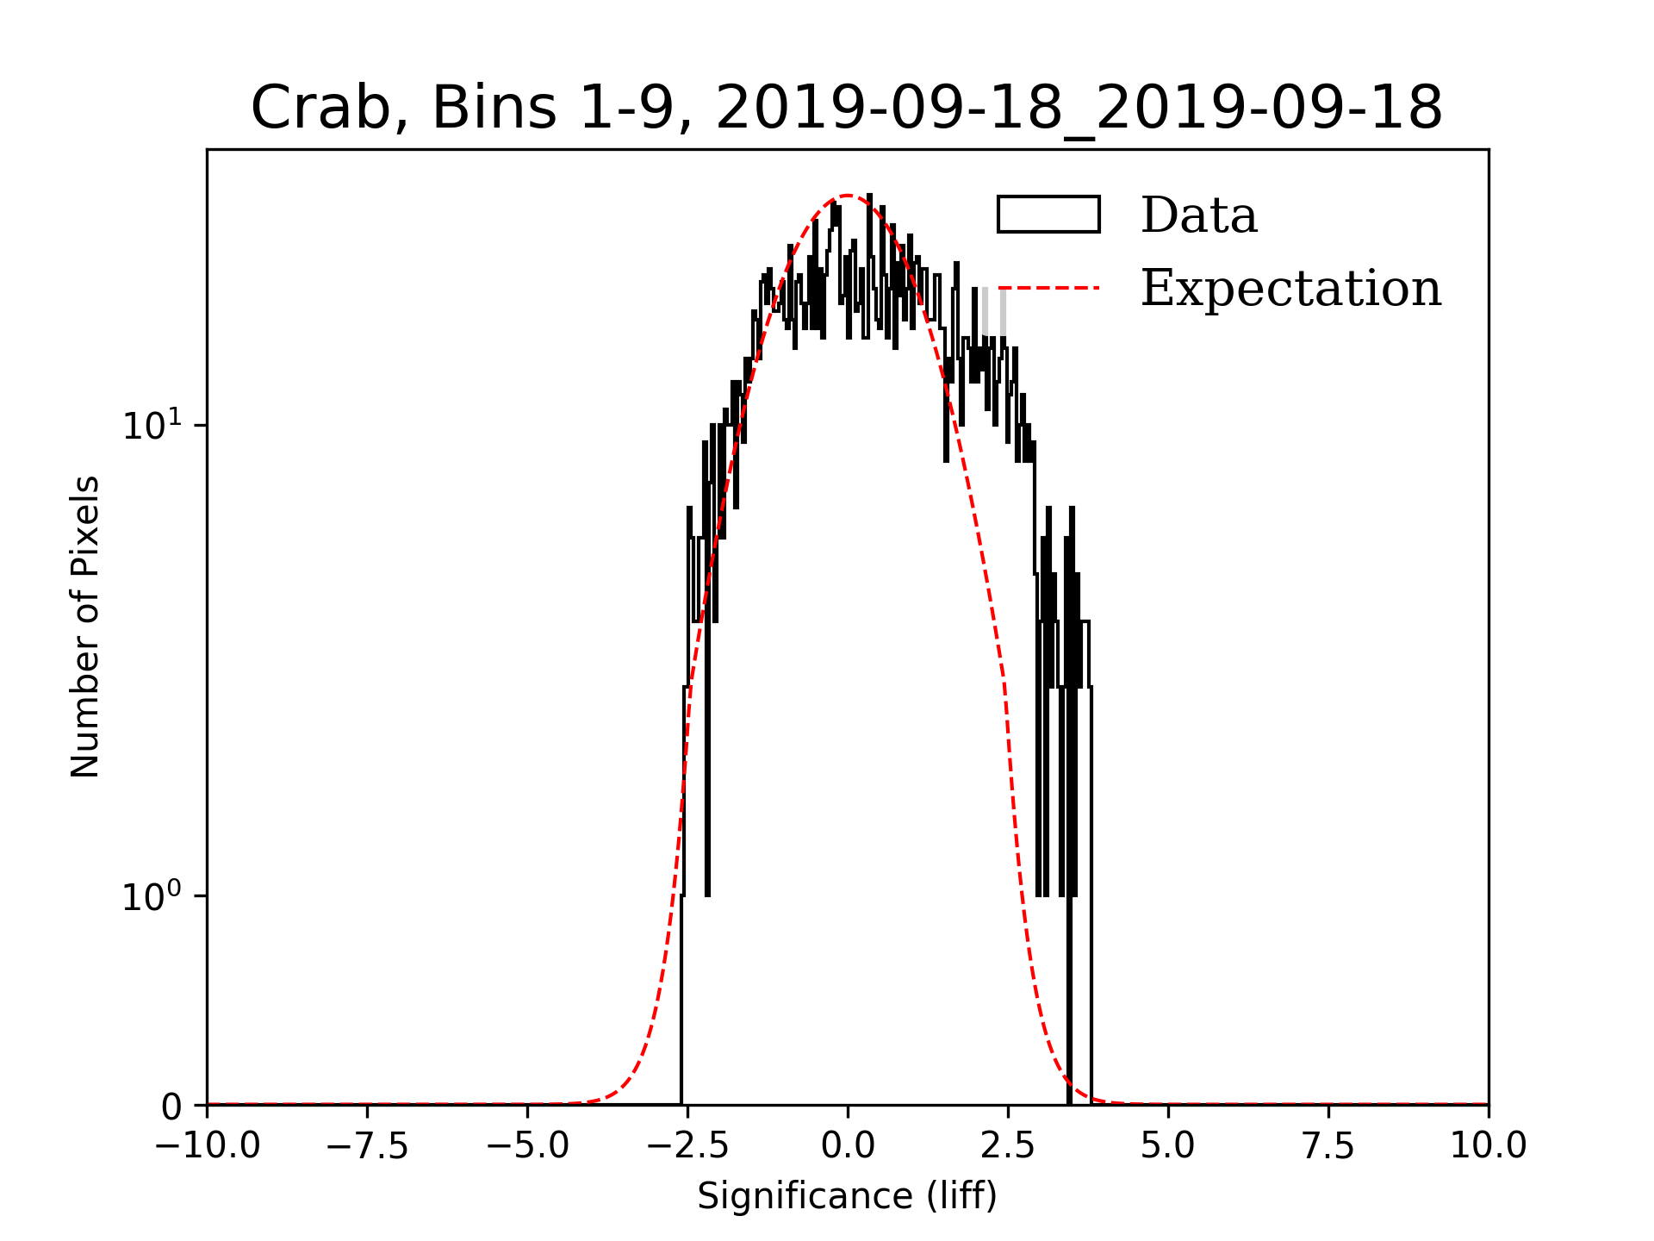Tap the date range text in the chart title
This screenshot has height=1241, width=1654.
[1079, 109]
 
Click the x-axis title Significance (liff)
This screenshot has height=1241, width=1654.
[847, 1196]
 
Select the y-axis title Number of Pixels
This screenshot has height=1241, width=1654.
[85, 627]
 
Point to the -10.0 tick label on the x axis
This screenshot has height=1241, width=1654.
[207, 1146]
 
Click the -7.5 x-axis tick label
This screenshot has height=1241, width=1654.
[367, 1146]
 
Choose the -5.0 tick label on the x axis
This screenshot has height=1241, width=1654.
[527, 1146]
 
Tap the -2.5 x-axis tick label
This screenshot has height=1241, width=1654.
[687, 1146]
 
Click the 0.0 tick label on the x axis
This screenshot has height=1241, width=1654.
[848, 1146]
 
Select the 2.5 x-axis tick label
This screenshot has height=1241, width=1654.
[1008, 1146]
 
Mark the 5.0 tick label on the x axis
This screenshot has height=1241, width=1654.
[1168, 1146]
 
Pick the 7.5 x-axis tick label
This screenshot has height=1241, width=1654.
[1328, 1146]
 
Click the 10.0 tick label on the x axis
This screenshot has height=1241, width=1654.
[1488, 1146]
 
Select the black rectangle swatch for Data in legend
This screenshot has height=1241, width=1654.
[1048, 215]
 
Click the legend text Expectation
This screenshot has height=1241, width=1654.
[1290, 288]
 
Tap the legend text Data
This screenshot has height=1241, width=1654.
[1198, 215]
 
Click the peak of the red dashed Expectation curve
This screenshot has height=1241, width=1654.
[848, 196]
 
